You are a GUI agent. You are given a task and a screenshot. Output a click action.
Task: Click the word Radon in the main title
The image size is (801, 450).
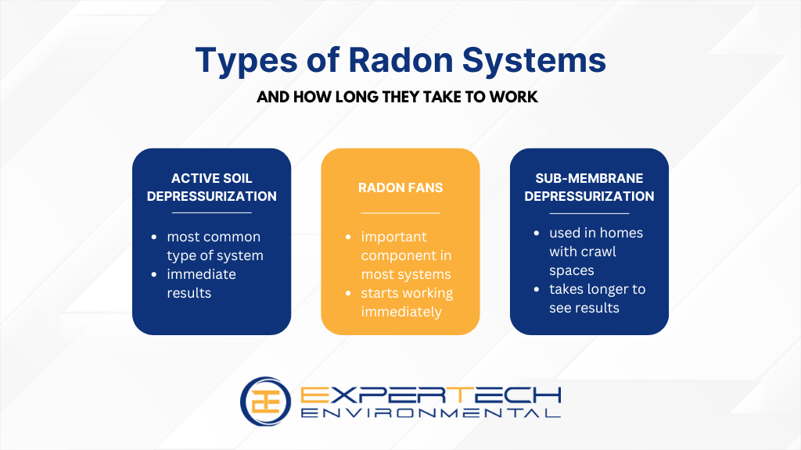(x=400, y=60)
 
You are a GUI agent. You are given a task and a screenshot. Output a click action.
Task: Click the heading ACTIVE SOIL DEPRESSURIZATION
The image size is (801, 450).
(x=211, y=187)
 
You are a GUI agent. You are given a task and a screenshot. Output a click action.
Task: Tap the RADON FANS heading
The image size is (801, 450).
(x=400, y=187)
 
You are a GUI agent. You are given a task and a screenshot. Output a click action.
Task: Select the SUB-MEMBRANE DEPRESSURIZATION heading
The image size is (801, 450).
(x=589, y=187)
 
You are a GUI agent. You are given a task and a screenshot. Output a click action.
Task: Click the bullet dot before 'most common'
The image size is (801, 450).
(x=154, y=237)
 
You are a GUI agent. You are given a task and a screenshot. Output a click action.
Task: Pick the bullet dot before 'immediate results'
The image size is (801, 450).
(x=154, y=274)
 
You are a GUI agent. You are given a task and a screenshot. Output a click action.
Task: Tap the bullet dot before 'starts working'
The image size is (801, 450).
(x=348, y=294)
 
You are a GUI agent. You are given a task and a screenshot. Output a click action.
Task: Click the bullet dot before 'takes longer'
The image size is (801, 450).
(x=537, y=289)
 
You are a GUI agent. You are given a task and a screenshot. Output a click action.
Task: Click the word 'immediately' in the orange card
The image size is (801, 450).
(x=401, y=312)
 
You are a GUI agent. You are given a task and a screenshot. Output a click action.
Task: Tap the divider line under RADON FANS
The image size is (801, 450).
(x=400, y=212)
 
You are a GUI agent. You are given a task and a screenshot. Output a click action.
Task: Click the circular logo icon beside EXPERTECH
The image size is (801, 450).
(x=265, y=402)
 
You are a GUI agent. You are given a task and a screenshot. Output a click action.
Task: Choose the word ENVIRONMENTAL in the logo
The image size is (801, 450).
(x=431, y=412)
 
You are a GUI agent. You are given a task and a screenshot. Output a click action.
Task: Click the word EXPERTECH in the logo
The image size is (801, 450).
(x=431, y=395)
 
